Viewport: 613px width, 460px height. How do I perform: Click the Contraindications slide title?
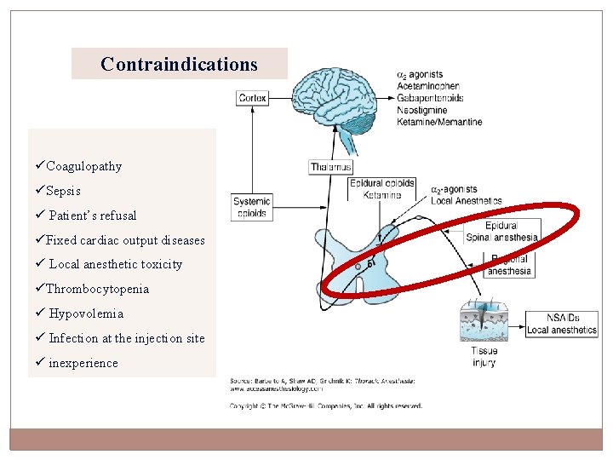tap(179, 64)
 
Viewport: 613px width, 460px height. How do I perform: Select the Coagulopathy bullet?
tap(83, 166)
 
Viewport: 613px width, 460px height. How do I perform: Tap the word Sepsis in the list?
tap(63, 191)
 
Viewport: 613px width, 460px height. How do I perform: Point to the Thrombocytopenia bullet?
tap(97, 289)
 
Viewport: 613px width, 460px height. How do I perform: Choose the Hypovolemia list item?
tap(86, 313)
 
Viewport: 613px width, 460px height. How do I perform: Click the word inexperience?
tap(83, 363)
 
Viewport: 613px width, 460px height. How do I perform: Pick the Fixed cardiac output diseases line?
tap(125, 240)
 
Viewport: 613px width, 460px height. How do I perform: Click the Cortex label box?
tap(252, 98)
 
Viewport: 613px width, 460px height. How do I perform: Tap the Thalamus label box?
tap(331, 167)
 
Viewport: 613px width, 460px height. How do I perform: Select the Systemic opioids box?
tap(252, 207)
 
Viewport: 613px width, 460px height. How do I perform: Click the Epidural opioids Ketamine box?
tap(382, 189)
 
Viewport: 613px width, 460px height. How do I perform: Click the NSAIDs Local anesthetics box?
tap(562, 325)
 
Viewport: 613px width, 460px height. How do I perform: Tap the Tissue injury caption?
tap(484, 356)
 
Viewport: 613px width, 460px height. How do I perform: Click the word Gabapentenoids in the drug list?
tap(430, 98)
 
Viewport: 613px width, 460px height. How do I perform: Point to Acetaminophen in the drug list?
tap(428, 86)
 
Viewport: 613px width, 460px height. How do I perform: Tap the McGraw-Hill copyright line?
tap(326, 405)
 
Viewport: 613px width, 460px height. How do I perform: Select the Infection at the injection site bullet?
tap(126, 338)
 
